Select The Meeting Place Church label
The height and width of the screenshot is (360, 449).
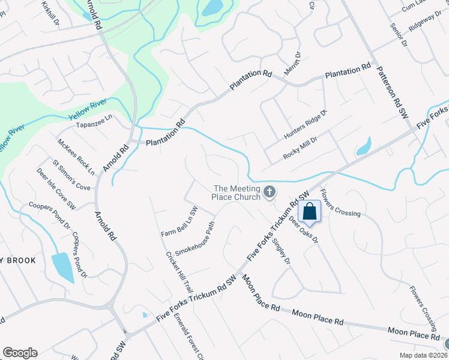coord(238,192)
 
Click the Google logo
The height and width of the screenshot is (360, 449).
coord(20,353)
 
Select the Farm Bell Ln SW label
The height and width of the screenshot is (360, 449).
coord(179,221)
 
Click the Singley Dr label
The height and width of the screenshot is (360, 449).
coord(281,252)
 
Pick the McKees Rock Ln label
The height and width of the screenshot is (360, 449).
coord(76,157)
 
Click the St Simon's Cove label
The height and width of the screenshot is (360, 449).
coord(71,175)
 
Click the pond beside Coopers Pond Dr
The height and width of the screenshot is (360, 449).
coord(62,267)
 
